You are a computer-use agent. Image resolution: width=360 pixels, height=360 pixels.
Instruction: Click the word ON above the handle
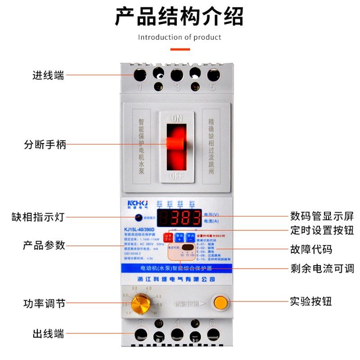coord(176,118)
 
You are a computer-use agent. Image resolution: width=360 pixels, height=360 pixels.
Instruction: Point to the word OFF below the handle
coord(176,176)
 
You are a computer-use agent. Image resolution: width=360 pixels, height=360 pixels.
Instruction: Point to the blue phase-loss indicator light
coord(140,218)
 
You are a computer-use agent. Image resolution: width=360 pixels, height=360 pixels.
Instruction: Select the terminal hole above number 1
coord(140,74)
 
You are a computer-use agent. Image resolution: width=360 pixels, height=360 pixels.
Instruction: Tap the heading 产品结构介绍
coord(179,17)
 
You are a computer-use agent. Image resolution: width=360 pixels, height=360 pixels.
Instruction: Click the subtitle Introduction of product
coord(180,37)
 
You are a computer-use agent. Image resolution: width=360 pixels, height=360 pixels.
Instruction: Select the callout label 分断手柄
coord(45,145)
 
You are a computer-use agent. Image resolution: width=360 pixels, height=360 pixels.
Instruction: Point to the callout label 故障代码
coord(311,249)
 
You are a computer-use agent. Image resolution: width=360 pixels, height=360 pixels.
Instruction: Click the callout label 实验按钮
coord(311,301)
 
